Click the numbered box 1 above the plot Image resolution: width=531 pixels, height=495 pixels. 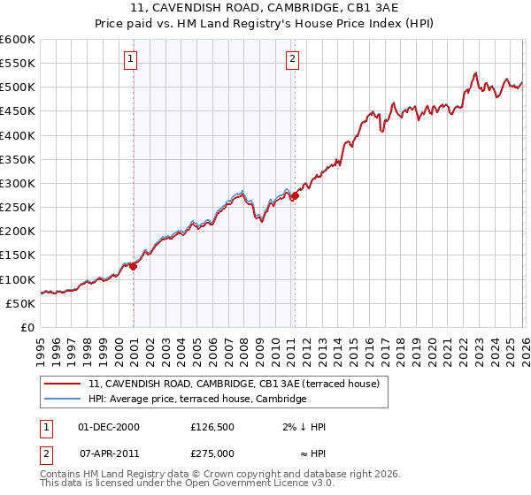(x=130, y=59)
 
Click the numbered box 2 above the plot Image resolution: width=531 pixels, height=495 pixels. (x=292, y=59)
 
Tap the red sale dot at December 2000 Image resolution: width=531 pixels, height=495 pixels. (x=134, y=266)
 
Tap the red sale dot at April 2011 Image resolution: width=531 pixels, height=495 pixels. (x=295, y=195)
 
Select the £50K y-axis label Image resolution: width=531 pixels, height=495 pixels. (x=20, y=303)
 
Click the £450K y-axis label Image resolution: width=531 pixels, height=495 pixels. (x=18, y=111)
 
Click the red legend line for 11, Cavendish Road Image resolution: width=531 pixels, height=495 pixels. (x=63, y=384)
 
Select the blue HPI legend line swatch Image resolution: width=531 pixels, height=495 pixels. (x=63, y=400)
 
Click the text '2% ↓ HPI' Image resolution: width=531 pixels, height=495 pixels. (x=304, y=427)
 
